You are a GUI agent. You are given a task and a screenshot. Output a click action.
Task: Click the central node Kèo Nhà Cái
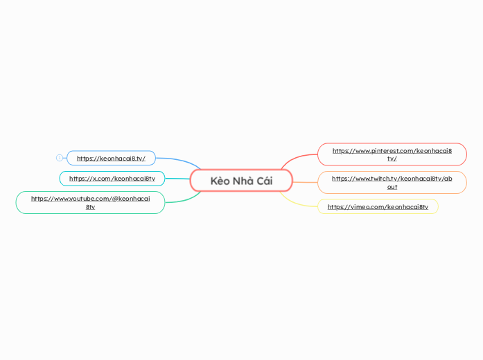tap(241, 181)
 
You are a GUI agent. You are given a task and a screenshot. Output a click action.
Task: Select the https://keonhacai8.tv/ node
tap(111, 158)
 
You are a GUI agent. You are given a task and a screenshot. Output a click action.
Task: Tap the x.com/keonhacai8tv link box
tap(112, 179)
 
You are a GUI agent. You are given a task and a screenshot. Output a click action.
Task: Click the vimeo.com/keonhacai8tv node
tap(378, 206)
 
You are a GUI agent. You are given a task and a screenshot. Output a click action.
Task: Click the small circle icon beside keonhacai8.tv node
tap(60, 158)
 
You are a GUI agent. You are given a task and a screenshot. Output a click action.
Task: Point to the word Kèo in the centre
tap(220, 181)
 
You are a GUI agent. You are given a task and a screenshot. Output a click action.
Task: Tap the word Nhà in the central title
tap(243, 181)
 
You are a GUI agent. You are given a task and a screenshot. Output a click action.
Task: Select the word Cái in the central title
tap(264, 181)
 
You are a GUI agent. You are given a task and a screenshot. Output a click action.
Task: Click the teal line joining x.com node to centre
tap(177, 179)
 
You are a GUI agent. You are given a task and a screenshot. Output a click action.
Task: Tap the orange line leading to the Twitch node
tap(305, 183)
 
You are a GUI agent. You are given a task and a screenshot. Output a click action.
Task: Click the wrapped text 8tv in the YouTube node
tap(90, 207)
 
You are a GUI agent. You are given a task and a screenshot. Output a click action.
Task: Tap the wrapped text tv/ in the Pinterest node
tap(392, 159)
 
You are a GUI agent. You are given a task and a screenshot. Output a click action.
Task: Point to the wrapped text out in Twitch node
tap(392, 187)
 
